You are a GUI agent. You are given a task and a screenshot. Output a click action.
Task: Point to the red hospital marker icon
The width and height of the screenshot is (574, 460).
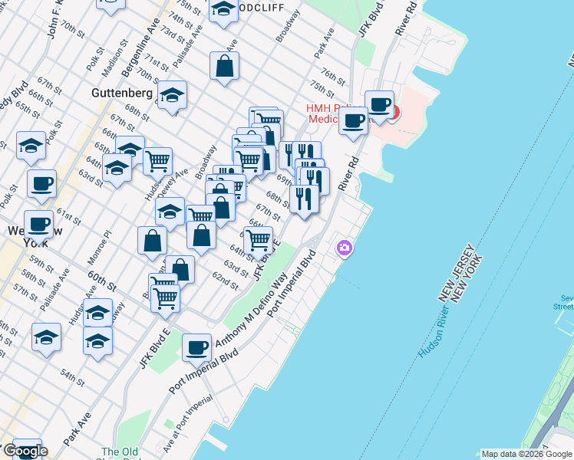[393, 113]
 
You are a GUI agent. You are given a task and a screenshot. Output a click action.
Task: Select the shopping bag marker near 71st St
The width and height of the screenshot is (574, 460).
[224, 67]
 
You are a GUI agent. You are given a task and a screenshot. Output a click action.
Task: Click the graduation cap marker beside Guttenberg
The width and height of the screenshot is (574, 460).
[172, 96]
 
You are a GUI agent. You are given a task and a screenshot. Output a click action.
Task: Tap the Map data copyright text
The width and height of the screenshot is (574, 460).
[526, 454]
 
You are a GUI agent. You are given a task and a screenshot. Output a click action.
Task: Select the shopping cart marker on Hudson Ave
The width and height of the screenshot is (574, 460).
[157, 162]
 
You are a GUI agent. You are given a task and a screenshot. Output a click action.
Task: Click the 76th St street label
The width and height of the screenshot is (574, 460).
[334, 77]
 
